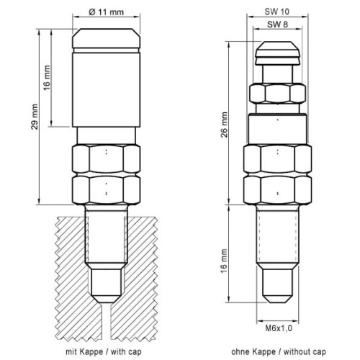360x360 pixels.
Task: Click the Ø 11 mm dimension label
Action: tap(106, 12)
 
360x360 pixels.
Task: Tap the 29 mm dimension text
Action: tap(35, 117)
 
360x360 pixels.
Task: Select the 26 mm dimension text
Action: tap(224, 125)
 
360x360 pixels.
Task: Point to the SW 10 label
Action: tap(277, 12)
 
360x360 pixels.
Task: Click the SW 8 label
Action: tap(277, 24)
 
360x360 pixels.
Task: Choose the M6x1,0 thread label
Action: tap(279, 328)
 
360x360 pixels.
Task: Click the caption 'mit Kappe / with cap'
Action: tap(104, 352)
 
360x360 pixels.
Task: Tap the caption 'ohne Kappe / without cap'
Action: tap(279, 352)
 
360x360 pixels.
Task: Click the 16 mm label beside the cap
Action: tap(47, 78)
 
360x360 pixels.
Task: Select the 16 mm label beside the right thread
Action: tap(224, 261)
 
